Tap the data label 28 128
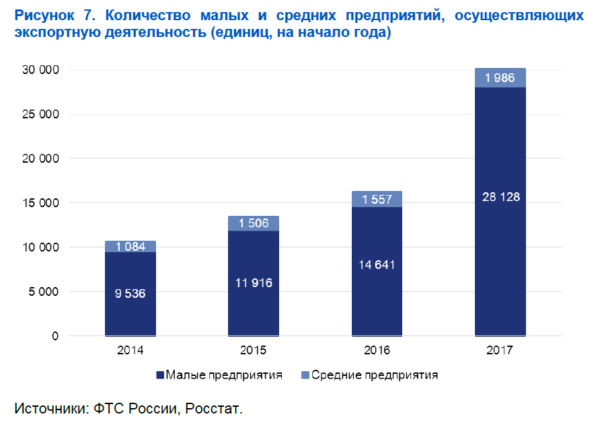tap(500, 197)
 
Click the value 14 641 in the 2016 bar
tap(377, 264)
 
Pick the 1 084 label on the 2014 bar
tap(130, 247)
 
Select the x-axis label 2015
tap(254, 350)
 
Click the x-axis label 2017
tap(500, 350)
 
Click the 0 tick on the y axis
tap(56, 336)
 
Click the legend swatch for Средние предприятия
tap(305, 375)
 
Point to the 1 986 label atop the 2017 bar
tap(500, 78)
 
